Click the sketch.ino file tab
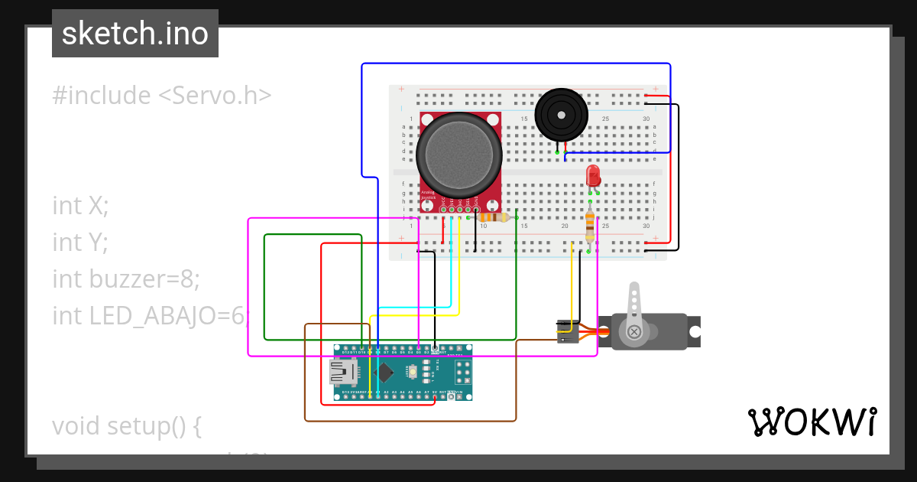coord(135,34)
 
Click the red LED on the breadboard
coord(593,177)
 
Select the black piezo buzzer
coord(562,114)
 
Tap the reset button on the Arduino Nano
coord(413,372)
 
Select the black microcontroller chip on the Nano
coord(386,372)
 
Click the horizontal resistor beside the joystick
coord(493,217)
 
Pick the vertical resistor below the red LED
coord(589,226)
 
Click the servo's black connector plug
coord(565,331)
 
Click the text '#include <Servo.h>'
coord(162,96)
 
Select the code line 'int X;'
coord(80,206)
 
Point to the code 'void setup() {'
coord(126,425)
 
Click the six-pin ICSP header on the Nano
coord(462,373)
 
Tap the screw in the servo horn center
coord(634,331)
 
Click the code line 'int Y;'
coord(80,243)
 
